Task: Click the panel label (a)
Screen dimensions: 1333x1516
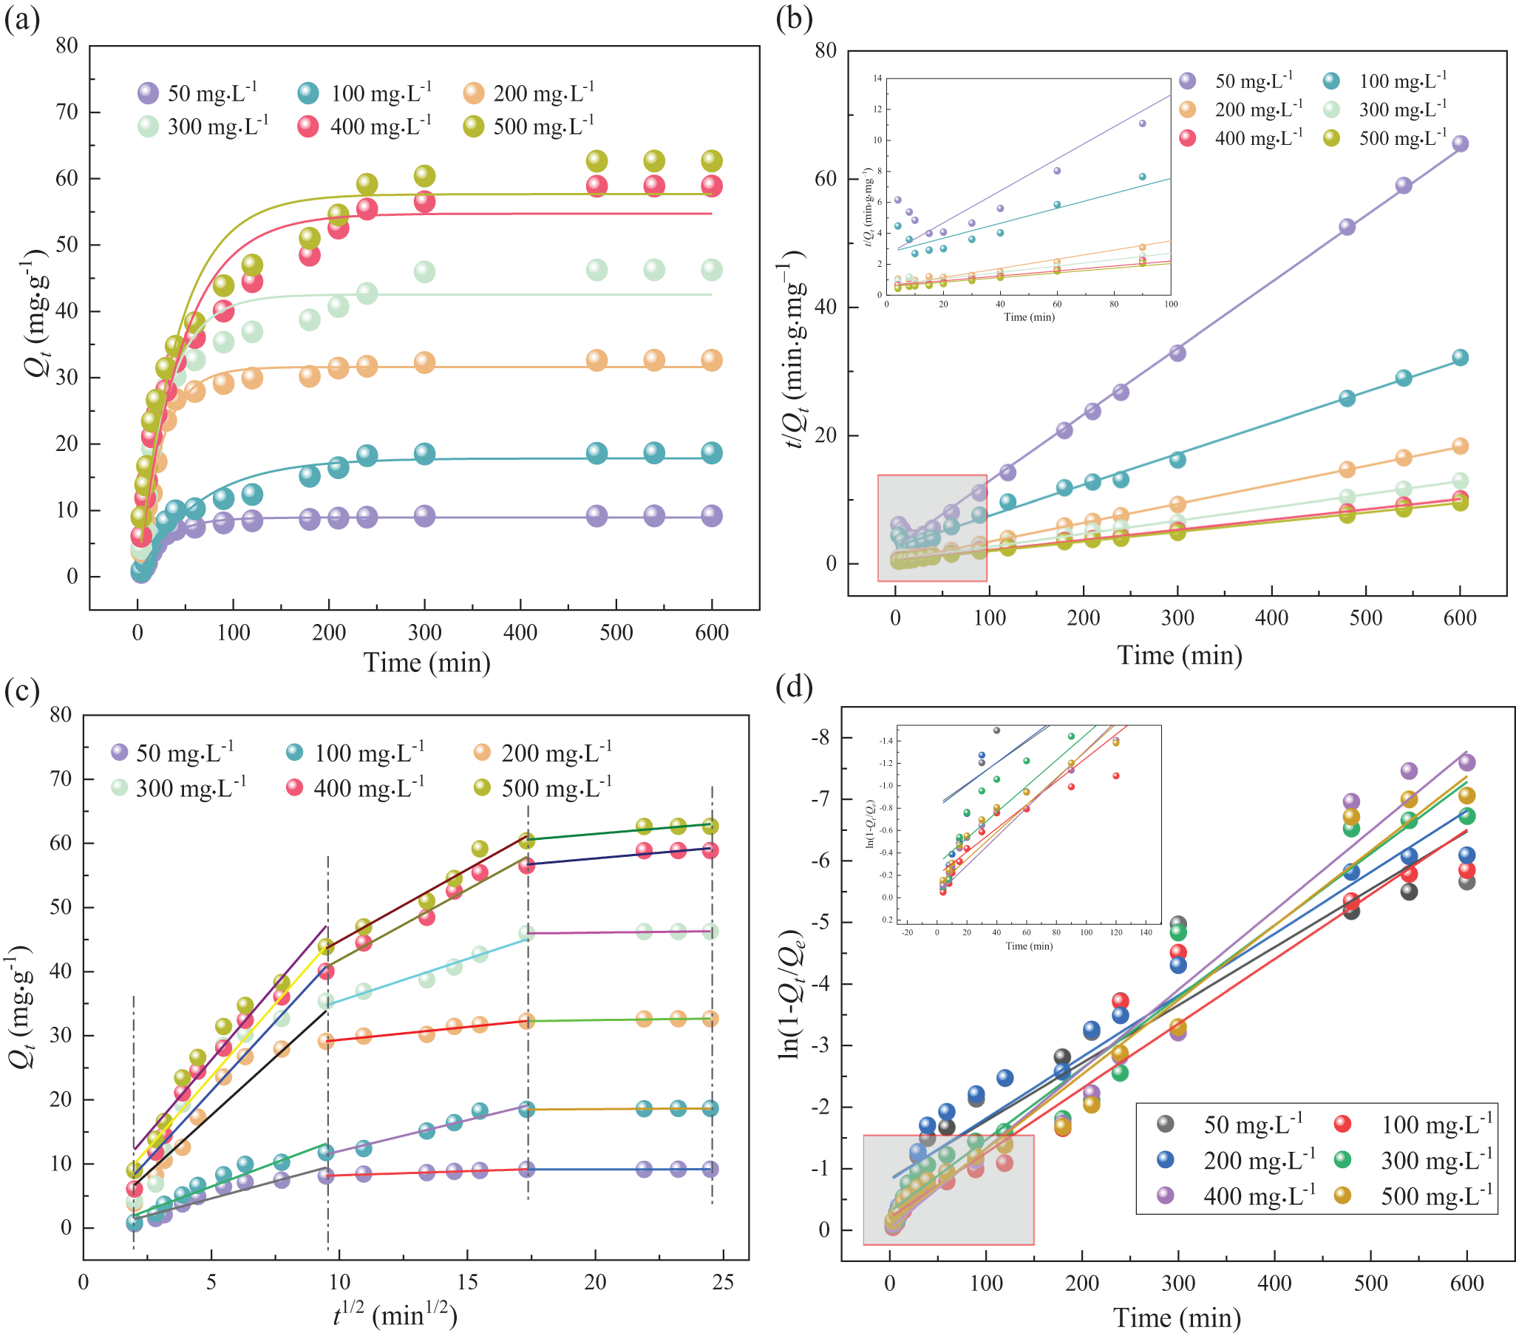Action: [21, 19]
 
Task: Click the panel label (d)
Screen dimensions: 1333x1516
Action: [794, 686]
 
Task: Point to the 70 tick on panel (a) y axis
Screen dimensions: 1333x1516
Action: [67, 112]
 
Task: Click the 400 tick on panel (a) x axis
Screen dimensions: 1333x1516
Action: [520, 633]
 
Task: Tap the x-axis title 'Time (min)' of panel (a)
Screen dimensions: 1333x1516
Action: [426, 662]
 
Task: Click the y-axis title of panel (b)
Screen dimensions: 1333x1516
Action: [797, 349]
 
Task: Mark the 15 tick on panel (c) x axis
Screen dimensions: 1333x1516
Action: [467, 1282]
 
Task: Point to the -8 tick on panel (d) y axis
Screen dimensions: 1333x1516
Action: [819, 737]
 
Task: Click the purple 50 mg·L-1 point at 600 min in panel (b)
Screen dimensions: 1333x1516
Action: [1460, 143]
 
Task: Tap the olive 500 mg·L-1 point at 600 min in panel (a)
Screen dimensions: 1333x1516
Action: [711, 160]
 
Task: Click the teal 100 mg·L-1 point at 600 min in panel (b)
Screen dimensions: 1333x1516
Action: [1460, 357]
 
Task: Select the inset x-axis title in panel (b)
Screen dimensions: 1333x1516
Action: [1029, 316]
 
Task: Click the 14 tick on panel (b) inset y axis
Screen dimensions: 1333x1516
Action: [877, 78]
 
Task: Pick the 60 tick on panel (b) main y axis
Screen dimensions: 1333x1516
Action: [825, 179]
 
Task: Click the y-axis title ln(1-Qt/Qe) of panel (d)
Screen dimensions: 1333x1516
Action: [792, 994]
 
